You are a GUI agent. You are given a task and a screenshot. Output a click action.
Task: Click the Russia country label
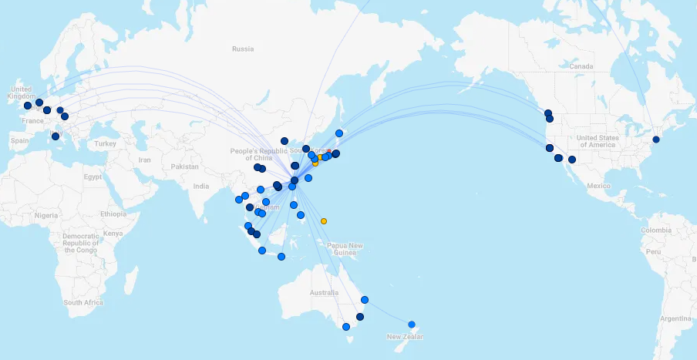pyautogui.click(x=243, y=49)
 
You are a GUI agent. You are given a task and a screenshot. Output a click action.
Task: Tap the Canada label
pyautogui.click(x=581, y=66)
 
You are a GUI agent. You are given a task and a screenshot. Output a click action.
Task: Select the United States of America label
pyautogui.click(x=597, y=141)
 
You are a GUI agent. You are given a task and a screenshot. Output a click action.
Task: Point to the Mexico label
pyautogui.click(x=598, y=186)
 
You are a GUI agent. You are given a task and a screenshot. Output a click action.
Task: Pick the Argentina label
pyautogui.click(x=675, y=318)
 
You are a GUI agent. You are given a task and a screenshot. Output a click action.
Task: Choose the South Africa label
pyautogui.click(x=83, y=302)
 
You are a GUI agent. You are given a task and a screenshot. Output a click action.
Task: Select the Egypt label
pyautogui.click(x=93, y=177)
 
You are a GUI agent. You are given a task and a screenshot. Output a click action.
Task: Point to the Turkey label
pyautogui.click(x=105, y=144)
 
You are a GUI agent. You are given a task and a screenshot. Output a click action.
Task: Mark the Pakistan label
pyautogui.click(x=186, y=167)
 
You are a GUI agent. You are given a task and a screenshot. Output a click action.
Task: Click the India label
pyautogui.click(x=200, y=186)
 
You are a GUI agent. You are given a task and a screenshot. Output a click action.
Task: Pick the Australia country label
pyautogui.click(x=324, y=293)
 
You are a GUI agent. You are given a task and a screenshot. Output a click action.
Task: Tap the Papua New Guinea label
pyautogui.click(x=345, y=249)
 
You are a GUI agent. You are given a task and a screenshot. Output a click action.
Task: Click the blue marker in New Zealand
pyautogui.click(x=412, y=325)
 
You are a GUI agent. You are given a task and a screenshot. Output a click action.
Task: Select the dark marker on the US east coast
pyautogui.click(x=656, y=140)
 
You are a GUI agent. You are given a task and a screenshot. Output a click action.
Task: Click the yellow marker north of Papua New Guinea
pyautogui.click(x=324, y=221)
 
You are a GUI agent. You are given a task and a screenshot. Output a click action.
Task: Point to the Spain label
pyautogui.click(x=19, y=140)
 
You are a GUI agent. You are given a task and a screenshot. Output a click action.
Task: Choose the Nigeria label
pyautogui.click(x=45, y=215)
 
